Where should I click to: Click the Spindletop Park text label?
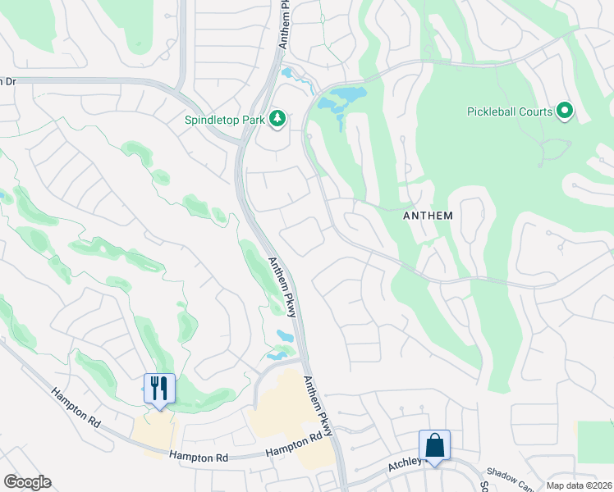pos(224,120)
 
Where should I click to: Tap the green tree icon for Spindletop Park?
pos(277,120)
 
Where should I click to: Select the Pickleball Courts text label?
pos(509,112)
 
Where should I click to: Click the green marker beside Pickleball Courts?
pos(564,110)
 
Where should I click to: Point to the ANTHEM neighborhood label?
pos(428,216)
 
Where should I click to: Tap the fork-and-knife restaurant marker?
pos(159,388)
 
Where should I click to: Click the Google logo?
pos(27,482)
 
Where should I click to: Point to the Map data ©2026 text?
pos(579,485)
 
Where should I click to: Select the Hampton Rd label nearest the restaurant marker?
pos(75,408)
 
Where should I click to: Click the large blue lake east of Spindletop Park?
pos(342,99)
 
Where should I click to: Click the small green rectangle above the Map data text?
pos(595,443)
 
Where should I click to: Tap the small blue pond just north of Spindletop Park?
pos(287,74)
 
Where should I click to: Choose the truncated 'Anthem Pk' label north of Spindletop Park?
pos(284,25)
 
